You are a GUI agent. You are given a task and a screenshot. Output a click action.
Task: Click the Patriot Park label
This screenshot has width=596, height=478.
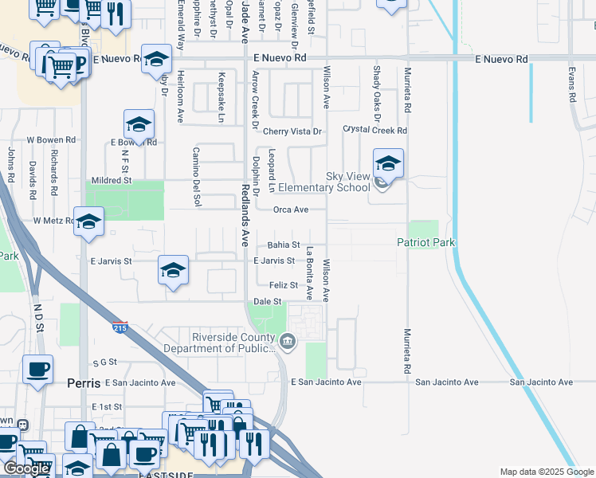(x=425, y=242)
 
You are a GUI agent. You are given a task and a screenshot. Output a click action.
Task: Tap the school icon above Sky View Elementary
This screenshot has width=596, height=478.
(x=388, y=164)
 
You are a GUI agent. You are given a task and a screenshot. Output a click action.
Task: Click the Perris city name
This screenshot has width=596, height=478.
(x=84, y=383)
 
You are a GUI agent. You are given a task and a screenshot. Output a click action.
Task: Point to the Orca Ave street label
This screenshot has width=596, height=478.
(x=290, y=210)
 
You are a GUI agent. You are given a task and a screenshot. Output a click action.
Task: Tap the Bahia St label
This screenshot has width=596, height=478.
(x=283, y=245)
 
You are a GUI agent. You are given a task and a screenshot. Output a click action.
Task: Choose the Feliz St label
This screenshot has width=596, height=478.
(x=283, y=285)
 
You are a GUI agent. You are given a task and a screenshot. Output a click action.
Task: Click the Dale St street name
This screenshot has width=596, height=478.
(x=268, y=302)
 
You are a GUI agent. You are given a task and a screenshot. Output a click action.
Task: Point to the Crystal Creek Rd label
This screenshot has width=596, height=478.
(x=374, y=130)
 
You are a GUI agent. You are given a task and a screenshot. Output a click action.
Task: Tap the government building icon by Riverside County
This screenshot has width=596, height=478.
(x=288, y=343)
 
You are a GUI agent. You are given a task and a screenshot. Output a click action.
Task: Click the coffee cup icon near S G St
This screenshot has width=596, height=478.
(x=37, y=370)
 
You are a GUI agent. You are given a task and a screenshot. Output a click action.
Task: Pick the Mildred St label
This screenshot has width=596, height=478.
(x=111, y=181)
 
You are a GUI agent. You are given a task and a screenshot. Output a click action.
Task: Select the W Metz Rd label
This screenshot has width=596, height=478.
(x=53, y=220)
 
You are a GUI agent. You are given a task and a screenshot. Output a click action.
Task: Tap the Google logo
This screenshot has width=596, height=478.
(x=26, y=468)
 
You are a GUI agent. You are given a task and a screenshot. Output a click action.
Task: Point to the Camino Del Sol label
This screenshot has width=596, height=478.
(x=195, y=176)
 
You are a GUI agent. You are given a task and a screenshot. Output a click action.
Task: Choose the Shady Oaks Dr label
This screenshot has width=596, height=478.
(x=377, y=88)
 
